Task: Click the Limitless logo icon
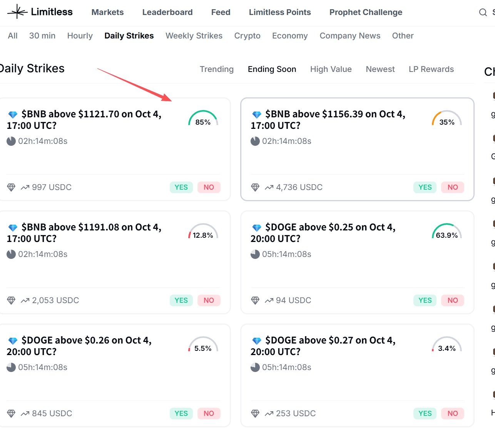[x=17, y=12]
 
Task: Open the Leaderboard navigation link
[x=167, y=12]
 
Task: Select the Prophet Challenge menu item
[x=366, y=12]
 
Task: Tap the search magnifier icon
[x=483, y=12]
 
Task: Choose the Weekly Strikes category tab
[x=194, y=36]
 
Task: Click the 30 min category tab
[x=42, y=36]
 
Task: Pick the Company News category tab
[x=350, y=36]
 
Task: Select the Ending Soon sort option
[x=272, y=69]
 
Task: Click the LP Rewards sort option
[x=431, y=69]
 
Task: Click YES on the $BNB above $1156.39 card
[x=425, y=187]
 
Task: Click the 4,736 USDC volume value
[x=299, y=187]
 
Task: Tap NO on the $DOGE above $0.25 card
[x=453, y=300]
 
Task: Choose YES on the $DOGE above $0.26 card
[x=181, y=414]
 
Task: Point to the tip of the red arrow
[x=171, y=100]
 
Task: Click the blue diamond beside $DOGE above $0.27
[x=257, y=341]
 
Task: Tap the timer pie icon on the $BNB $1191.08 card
[x=11, y=254]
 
